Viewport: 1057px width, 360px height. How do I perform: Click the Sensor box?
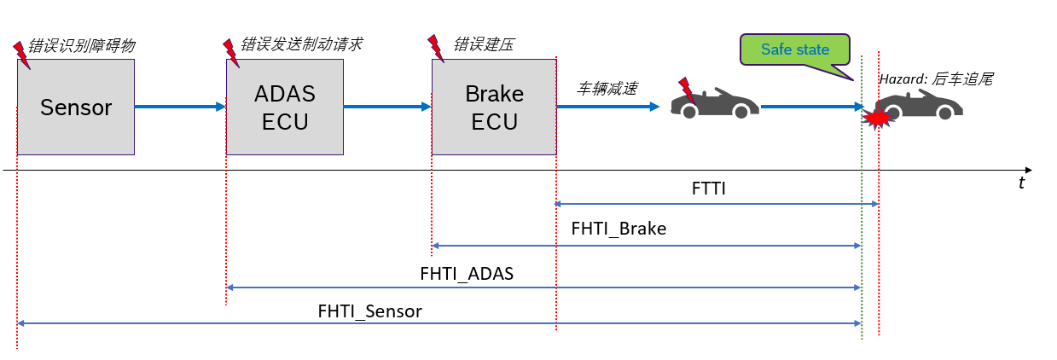(x=76, y=107)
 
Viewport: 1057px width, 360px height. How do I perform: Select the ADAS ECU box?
(x=284, y=107)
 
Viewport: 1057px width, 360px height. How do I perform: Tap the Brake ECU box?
(x=494, y=107)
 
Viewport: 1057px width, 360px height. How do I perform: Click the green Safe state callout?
(x=795, y=49)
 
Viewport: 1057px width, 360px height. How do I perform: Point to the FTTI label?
(x=708, y=189)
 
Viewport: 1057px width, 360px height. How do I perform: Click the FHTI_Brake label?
(x=619, y=229)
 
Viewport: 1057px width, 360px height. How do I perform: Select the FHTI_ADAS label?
(x=467, y=274)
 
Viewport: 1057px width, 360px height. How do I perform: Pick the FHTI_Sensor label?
(x=369, y=311)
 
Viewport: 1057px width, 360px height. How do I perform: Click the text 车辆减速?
(x=607, y=87)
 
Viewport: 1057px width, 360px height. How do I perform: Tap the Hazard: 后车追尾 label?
(x=937, y=78)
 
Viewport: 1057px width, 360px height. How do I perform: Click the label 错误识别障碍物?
(x=82, y=45)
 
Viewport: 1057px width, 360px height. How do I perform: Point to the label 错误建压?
(x=483, y=44)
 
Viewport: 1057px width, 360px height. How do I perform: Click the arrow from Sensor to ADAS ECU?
(x=180, y=107)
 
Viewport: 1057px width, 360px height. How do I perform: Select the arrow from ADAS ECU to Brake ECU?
(x=387, y=107)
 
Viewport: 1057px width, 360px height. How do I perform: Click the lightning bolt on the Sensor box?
(x=20, y=53)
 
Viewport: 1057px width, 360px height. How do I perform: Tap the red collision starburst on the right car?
(x=877, y=118)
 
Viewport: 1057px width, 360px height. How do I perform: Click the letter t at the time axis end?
(x=1021, y=183)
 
